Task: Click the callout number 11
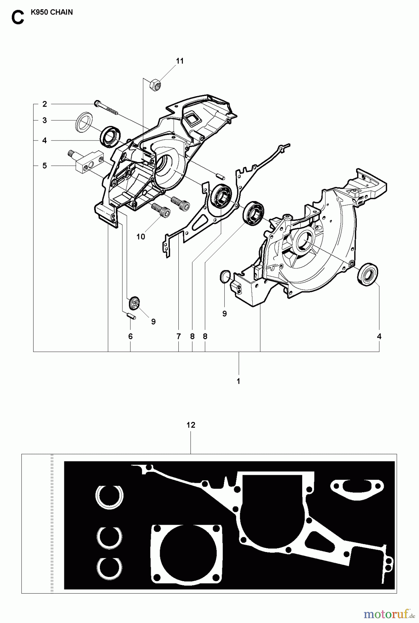[180, 61]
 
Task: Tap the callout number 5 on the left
[45, 166]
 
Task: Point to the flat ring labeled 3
[83, 121]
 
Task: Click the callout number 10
[141, 237]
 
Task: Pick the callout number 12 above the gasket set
[191, 425]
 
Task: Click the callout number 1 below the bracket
[238, 381]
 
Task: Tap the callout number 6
[130, 336]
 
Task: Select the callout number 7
[179, 336]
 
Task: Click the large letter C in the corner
[18, 18]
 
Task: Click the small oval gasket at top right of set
[357, 488]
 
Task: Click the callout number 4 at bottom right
[379, 336]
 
